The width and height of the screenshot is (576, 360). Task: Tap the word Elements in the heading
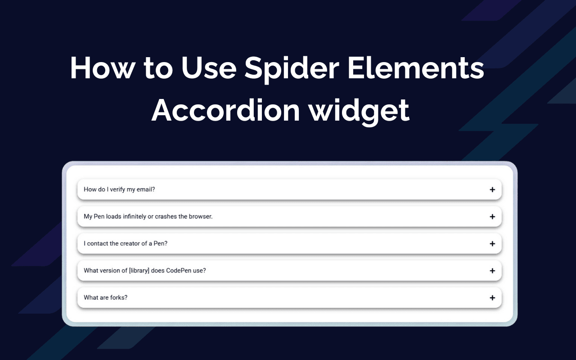(416, 67)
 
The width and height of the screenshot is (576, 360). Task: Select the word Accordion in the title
(226, 110)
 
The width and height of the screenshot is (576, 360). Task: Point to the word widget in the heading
(359, 112)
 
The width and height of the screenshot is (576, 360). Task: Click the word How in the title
(103, 67)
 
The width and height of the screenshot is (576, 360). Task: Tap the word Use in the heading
(209, 67)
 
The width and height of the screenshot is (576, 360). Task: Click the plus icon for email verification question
(492, 189)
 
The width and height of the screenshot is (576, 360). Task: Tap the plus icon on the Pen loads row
(492, 216)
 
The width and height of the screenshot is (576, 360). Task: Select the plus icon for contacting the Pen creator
(492, 243)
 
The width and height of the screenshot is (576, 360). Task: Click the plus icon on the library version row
(492, 270)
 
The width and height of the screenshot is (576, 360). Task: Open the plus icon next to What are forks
(492, 297)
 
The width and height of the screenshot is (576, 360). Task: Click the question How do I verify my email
(119, 189)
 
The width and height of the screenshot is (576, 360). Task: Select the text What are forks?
(105, 297)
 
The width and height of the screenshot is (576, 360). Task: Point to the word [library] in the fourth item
(139, 271)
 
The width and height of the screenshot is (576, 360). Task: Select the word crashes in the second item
(166, 216)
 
